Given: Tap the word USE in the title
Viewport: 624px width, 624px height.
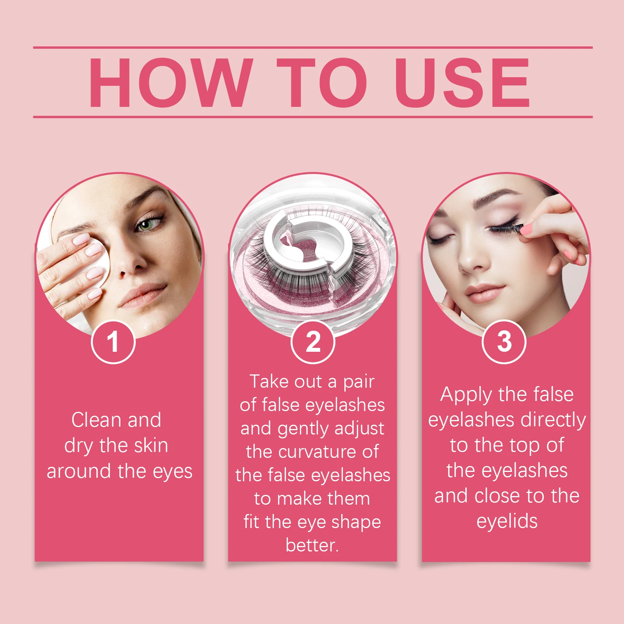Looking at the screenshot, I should point(462,82).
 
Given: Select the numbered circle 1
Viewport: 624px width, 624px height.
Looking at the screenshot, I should point(113,342).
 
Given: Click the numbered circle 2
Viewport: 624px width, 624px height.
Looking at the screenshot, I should point(313,342).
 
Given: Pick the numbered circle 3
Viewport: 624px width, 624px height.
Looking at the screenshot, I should point(504,342).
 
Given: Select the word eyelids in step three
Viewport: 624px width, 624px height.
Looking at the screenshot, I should point(507,521).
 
